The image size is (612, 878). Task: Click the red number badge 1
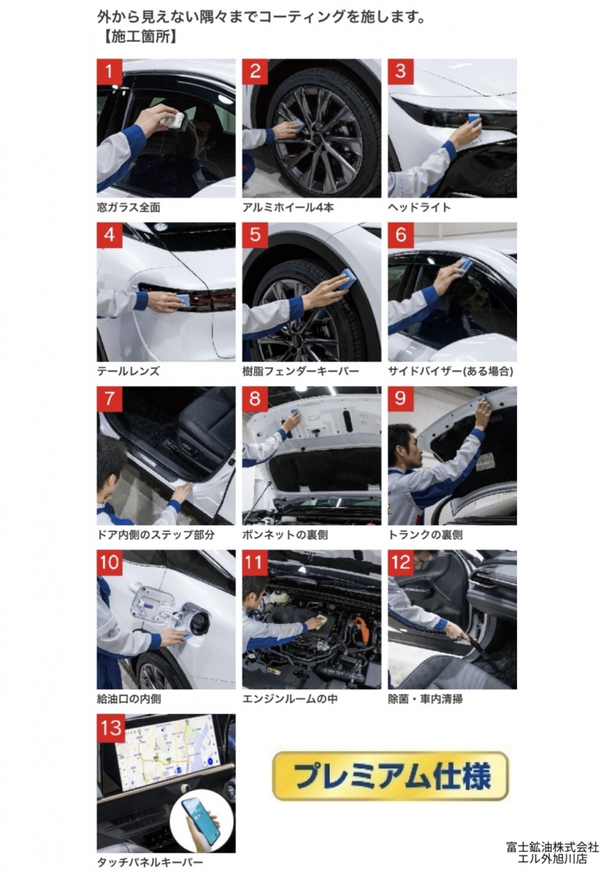110,72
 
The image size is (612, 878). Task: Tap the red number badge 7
110,399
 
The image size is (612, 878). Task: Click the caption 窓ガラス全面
129,207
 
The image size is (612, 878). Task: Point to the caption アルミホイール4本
288,207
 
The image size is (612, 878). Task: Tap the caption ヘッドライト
419,207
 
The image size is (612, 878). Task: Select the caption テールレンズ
129,371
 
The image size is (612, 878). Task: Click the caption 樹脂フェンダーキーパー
301,371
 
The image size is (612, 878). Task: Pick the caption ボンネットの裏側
285,535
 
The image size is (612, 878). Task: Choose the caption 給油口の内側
129,699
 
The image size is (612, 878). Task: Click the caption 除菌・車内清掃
425,699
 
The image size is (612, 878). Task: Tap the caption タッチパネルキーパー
150,863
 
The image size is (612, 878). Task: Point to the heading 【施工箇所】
140,37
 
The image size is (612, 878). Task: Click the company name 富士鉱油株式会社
553,847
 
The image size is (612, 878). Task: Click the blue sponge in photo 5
347,279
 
